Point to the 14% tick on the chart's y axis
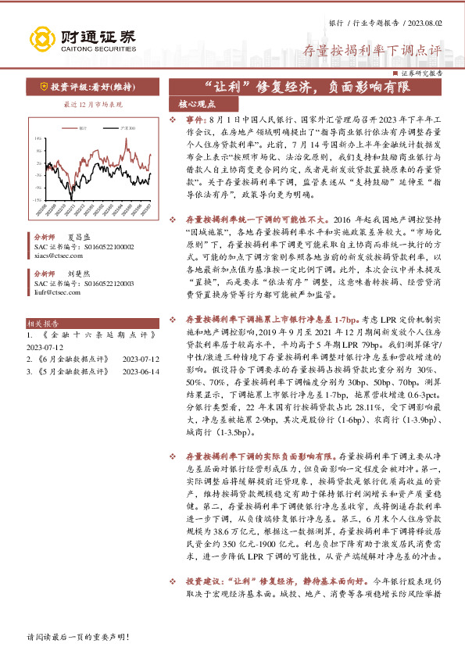38,138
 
